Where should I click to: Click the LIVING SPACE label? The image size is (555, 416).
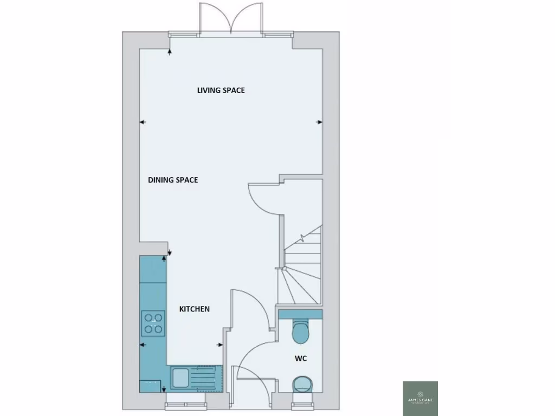coord(221,90)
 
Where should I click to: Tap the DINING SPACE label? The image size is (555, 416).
coord(173,180)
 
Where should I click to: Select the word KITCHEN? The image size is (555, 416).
coord(195,309)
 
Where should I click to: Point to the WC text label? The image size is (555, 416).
coord(301,359)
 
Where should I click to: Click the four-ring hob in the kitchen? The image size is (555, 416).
coord(153,323)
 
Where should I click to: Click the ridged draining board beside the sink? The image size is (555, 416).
coord(204,378)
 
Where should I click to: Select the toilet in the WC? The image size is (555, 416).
coord(300,331)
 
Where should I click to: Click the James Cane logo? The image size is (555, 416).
coord(420,399)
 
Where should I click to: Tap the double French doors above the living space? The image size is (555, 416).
coord(231,19)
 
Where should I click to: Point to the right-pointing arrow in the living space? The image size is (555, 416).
coord(319,122)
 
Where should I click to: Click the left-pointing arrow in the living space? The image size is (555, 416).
coord(143,122)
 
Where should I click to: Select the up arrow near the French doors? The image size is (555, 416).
coord(170,51)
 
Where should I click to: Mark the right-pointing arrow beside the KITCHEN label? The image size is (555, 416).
coord(220,344)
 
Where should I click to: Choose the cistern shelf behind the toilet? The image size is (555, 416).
coord(300,314)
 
